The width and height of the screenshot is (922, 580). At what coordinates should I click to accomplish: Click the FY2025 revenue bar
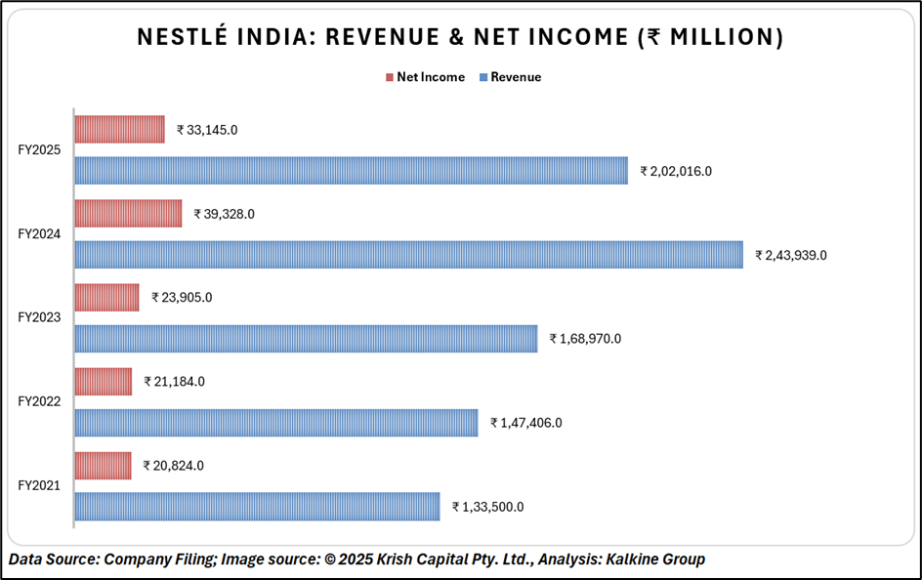pos(352,171)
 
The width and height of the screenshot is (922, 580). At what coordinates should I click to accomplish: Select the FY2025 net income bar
pos(120,129)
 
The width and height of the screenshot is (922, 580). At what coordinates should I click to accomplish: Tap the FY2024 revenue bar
pos(408,255)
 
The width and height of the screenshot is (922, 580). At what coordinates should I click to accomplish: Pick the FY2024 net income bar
pos(128,213)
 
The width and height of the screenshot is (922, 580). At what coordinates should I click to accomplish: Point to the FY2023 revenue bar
pos(306,339)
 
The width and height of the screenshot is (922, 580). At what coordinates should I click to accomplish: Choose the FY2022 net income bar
pos(104,382)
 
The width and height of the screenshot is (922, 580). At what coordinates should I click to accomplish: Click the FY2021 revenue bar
pos(257,507)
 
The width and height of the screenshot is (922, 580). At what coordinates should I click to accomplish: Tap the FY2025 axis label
pos(40,150)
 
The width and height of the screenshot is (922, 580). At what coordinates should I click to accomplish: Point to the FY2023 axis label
pos(40,317)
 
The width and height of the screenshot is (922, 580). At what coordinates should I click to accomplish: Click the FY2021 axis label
pos(40,485)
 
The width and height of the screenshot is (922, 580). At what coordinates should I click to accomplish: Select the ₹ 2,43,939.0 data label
pos(791,255)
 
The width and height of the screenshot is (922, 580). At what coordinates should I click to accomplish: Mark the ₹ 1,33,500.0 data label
pos(487,507)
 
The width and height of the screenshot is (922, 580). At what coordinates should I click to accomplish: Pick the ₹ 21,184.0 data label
pos(174,382)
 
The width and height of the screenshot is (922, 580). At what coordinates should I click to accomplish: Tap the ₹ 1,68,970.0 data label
pos(585,339)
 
